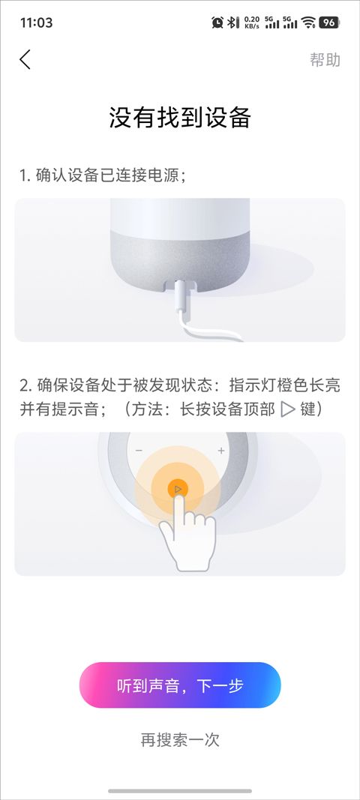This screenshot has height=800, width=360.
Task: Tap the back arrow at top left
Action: (25, 60)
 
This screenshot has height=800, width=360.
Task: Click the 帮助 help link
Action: (325, 60)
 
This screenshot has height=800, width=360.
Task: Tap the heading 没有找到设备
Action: (180, 118)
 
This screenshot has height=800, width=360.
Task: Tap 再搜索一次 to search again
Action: (180, 739)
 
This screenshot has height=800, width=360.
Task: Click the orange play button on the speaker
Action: (178, 490)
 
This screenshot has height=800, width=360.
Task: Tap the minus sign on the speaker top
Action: (139, 451)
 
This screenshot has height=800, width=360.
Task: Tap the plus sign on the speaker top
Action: (221, 451)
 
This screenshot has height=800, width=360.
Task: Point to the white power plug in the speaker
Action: (181, 299)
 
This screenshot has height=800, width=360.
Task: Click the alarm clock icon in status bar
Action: (217, 22)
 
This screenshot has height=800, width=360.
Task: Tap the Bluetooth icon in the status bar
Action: (232, 22)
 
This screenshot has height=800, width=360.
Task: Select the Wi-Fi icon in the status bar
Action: (308, 22)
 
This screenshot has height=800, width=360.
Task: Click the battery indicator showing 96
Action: (329, 22)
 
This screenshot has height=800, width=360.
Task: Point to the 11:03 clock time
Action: (36, 22)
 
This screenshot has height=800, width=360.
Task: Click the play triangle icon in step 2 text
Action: (288, 409)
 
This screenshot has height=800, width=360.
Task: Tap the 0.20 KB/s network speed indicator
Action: (252, 22)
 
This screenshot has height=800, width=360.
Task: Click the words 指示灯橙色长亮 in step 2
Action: (284, 385)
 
